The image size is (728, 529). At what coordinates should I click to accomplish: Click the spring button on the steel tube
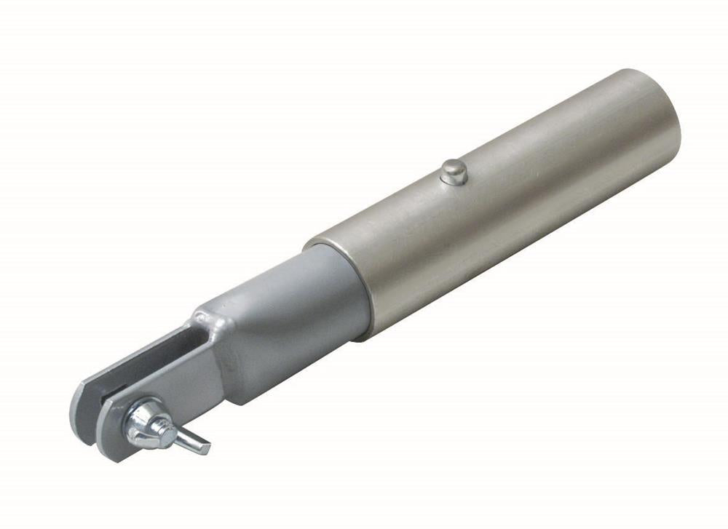coord(454,171)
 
